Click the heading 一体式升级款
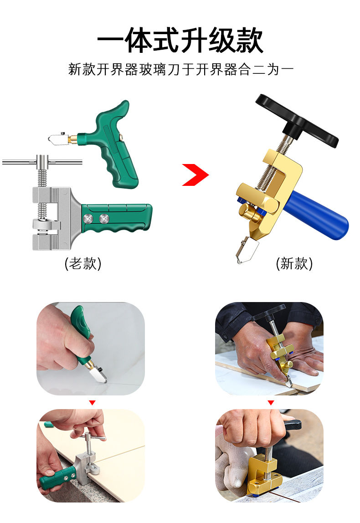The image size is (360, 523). tap(180, 41)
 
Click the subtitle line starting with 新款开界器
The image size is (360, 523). tap(180, 69)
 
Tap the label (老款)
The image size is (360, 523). tap(83, 263)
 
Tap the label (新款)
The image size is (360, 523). tap(294, 263)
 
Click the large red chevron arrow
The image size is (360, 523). tap(195, 174)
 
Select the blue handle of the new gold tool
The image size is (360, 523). tap(315, 215)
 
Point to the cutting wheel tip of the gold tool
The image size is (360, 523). tap(238, 260)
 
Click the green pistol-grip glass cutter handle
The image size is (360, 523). tap(115, 147)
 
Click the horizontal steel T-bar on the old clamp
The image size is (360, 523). tap(42, 162)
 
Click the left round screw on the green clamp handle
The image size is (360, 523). tap(88, 219)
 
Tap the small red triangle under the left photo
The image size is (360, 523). tap(93, 403)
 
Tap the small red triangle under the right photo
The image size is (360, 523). tap(271, 403)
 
